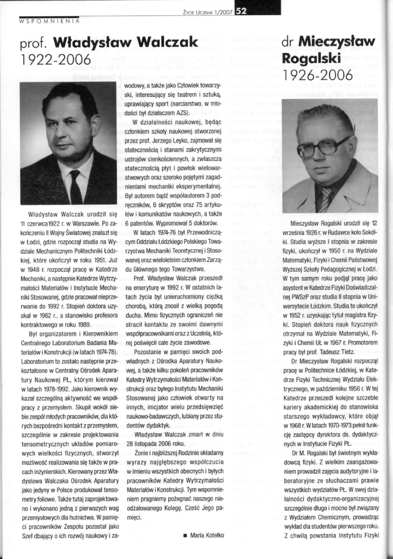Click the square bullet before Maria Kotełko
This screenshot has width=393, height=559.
[185, 535]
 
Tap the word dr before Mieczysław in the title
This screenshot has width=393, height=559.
[289, 42]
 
